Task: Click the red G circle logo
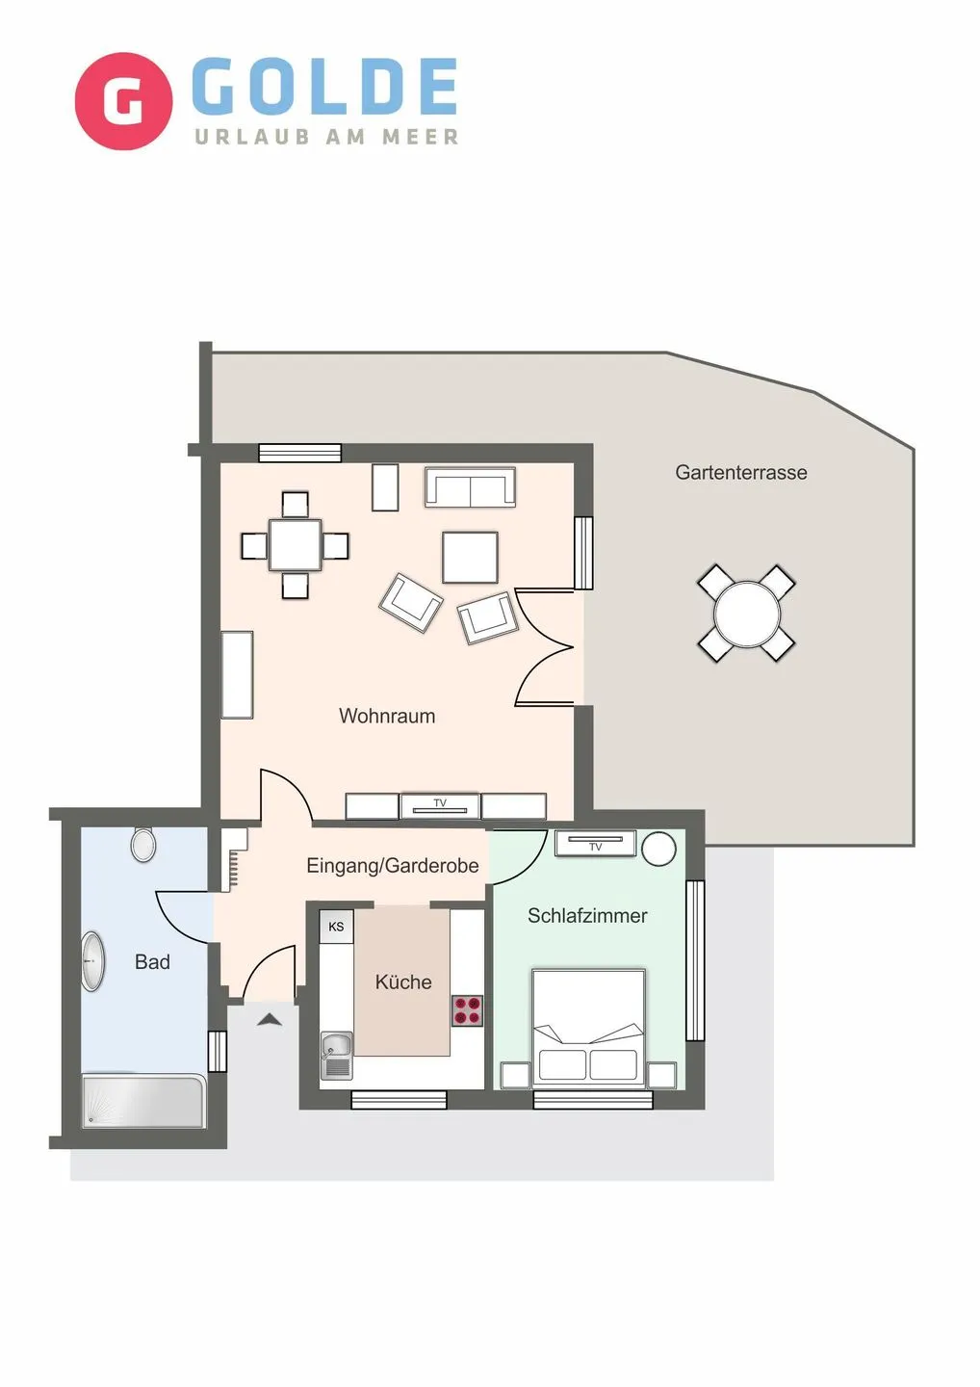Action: click(123, 101)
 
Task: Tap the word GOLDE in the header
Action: click(325, 87)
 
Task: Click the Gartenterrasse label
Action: click(740, 473)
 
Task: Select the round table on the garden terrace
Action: click(746, 614)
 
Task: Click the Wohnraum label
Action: click(387, 716)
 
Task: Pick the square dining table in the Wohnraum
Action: click(295, 545)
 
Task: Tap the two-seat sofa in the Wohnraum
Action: click(470, 487)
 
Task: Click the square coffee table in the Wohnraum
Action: click(470, 557)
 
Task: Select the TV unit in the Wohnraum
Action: click(440, 805)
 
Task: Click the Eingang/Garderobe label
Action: click(392, 866)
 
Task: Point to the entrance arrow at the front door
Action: click(270, 1018)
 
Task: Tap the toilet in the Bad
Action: click(143, 845)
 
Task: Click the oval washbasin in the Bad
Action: click(92, 961)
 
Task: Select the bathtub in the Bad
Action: click(143, 1101)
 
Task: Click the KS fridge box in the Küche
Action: click(336, 927)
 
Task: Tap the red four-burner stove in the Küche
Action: click(467, 1011)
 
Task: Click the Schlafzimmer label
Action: click(587, 916)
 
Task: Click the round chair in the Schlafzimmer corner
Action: click(659, 849)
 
